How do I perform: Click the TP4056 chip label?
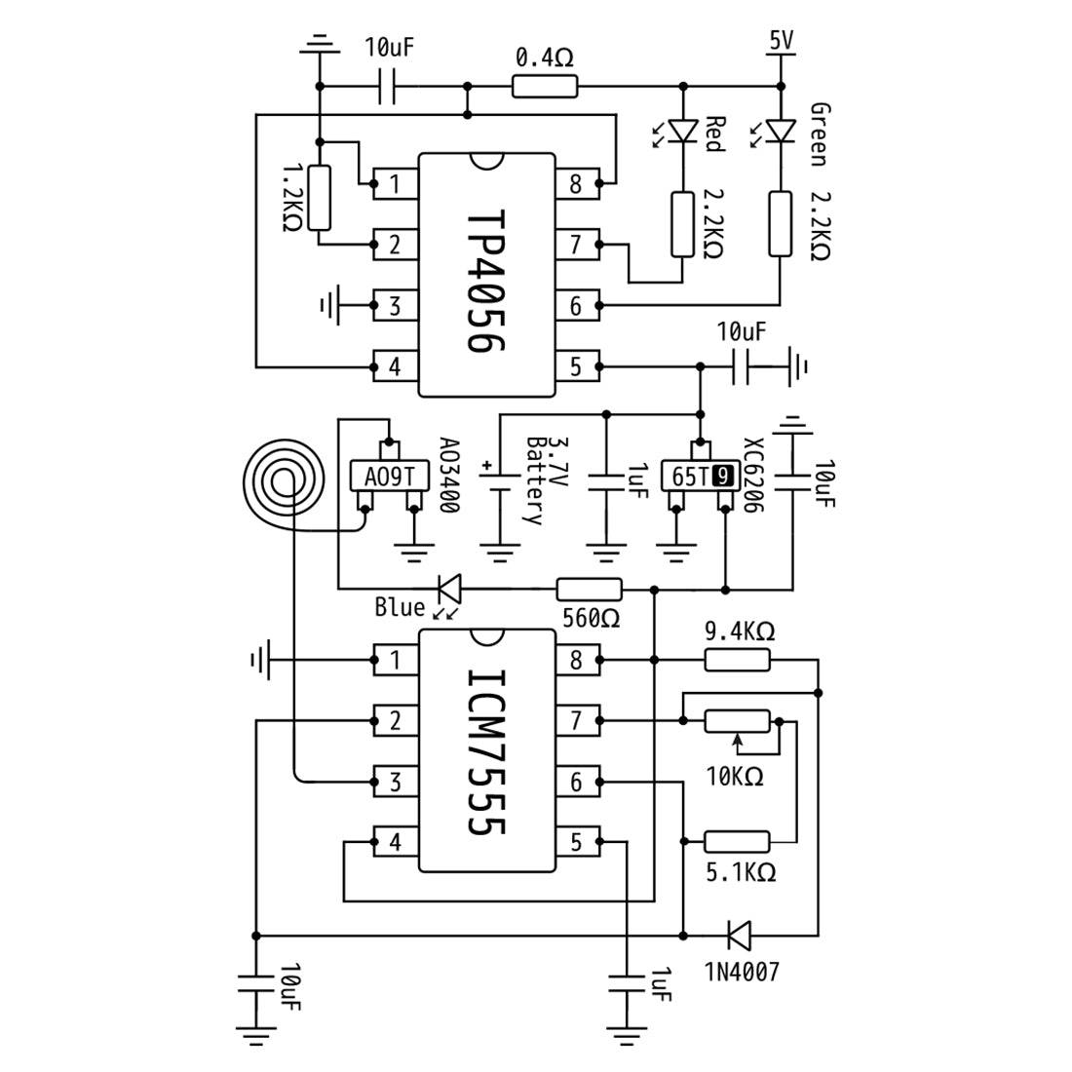click(x=486, y=281)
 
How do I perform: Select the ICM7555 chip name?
click(x=486, y=751)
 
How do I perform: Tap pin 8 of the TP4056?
click(x=578, y=183)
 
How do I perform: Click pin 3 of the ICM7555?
click(x=396, y=782)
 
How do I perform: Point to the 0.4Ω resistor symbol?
click(x=545, y=87)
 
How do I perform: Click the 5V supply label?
click(x=782, y=41)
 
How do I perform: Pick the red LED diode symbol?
click(x=683, y=131)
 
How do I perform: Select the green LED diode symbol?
click(x=781, y=131)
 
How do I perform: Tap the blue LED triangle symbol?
click(x=450, y=588)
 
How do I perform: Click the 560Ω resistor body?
click(x=590, y=589)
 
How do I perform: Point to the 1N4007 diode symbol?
click(x=739, y=935)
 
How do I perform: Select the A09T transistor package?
click(x=390, y=476)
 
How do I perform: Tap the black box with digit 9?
click(x=723, y=476)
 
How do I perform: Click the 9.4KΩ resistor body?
click(x=737, y=660)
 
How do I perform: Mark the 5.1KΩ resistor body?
click(x=737, y=842)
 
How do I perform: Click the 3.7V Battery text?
click(x=544, y=480)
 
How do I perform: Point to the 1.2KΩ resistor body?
click(x=320, y=198)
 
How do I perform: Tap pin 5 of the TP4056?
click(x=578, y=366)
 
